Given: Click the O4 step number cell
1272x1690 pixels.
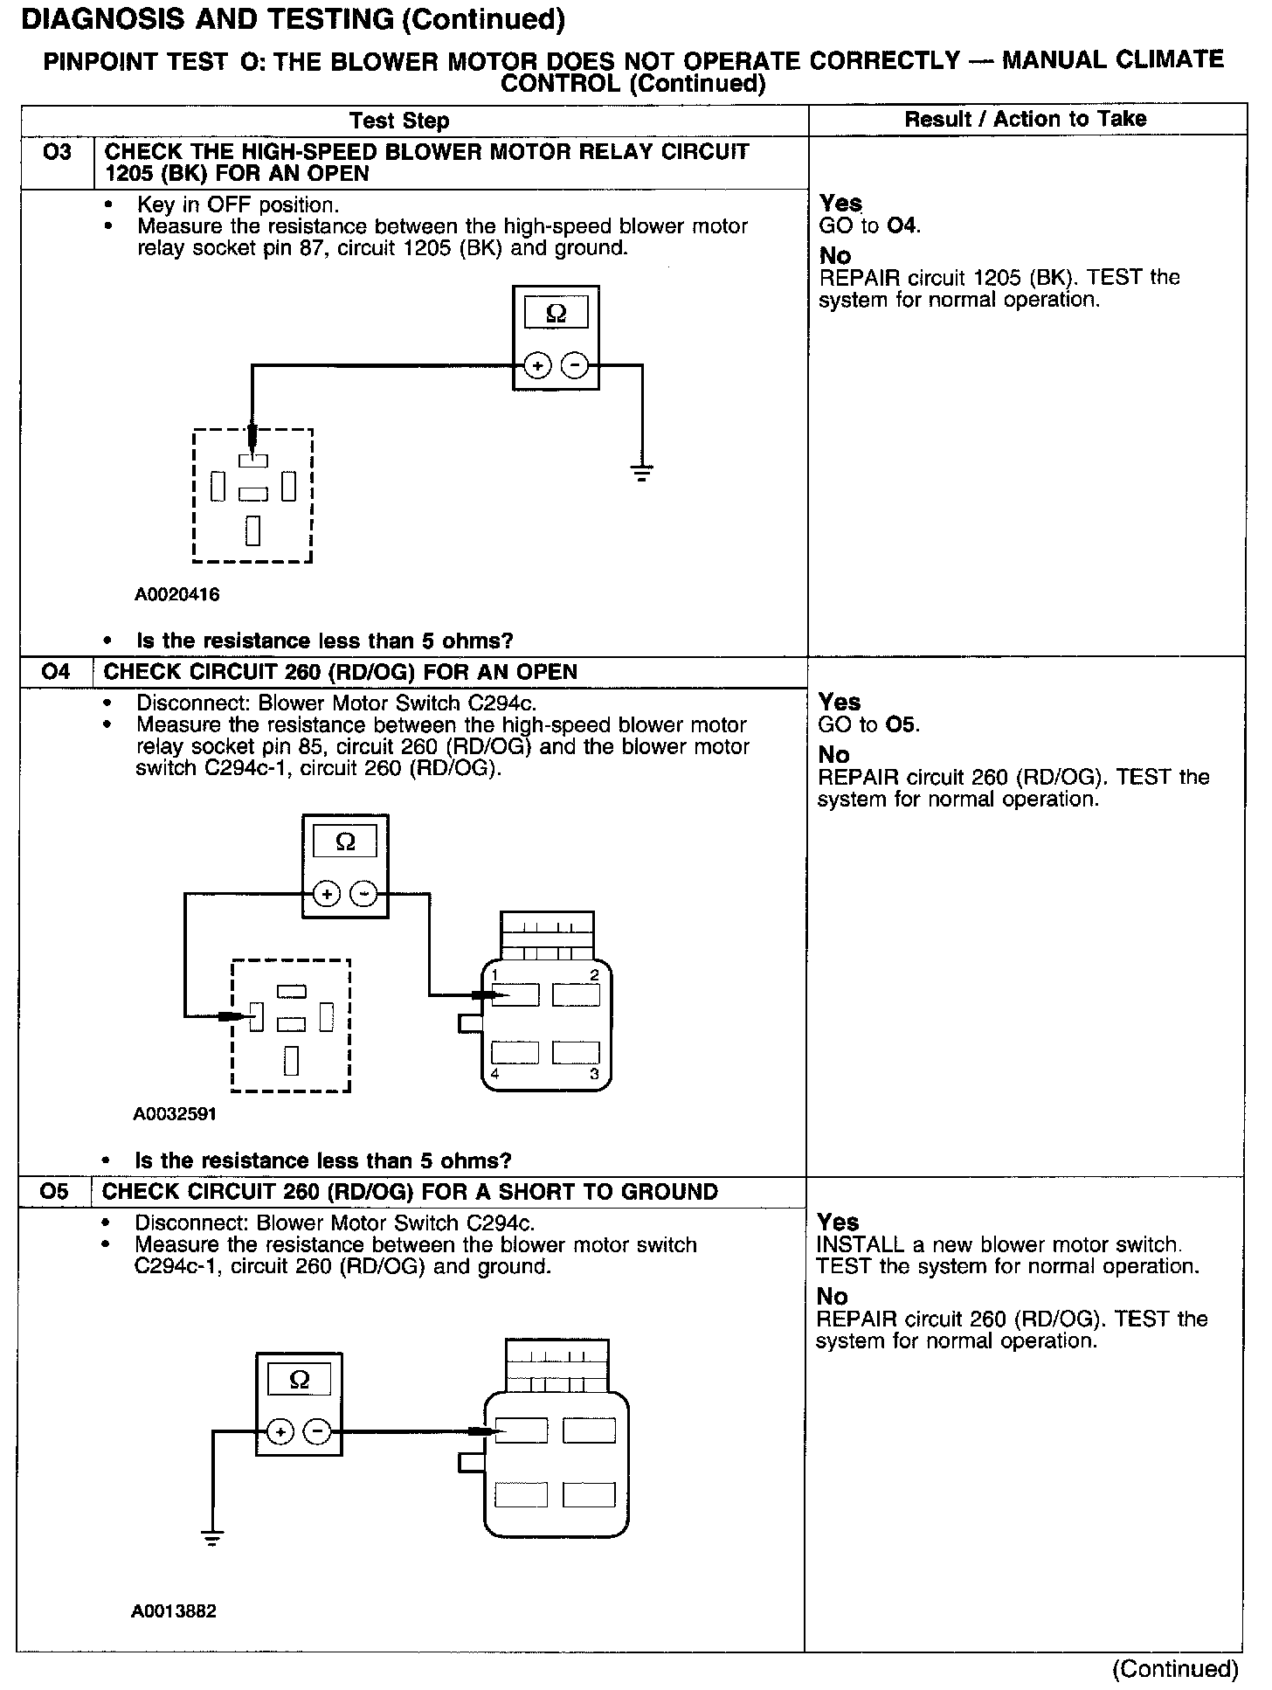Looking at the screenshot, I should coord(55,672).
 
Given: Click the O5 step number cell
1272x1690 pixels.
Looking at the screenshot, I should coord(54,1192).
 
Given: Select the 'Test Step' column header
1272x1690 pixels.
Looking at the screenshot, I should coord(399,121).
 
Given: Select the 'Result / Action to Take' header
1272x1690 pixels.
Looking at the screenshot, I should coord(1026,119).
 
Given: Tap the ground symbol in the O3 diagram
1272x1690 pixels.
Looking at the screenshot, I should coord(642,474).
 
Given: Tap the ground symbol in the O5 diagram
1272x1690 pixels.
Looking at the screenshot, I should coord(211,1538).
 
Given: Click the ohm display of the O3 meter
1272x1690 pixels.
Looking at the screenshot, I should coord(556,313).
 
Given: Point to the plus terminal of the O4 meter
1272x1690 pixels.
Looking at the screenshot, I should coord(327,894).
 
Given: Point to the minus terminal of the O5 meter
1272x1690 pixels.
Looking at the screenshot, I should coord(317,1431).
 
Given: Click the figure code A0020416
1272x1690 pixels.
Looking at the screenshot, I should coord(176,595).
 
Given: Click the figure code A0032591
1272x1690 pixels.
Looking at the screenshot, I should coord(175,1114).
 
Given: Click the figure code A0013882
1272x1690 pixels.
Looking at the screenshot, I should coord(174,1610).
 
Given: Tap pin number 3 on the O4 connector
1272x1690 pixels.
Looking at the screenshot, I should coord(594,1074).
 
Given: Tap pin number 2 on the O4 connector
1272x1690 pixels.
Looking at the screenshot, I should coord(594,974).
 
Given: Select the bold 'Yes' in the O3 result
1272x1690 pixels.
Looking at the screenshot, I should coord(840,204).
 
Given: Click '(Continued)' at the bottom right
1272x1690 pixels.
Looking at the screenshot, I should coord(1174,1669).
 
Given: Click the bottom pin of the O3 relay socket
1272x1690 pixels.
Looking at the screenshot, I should coord(252,530).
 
